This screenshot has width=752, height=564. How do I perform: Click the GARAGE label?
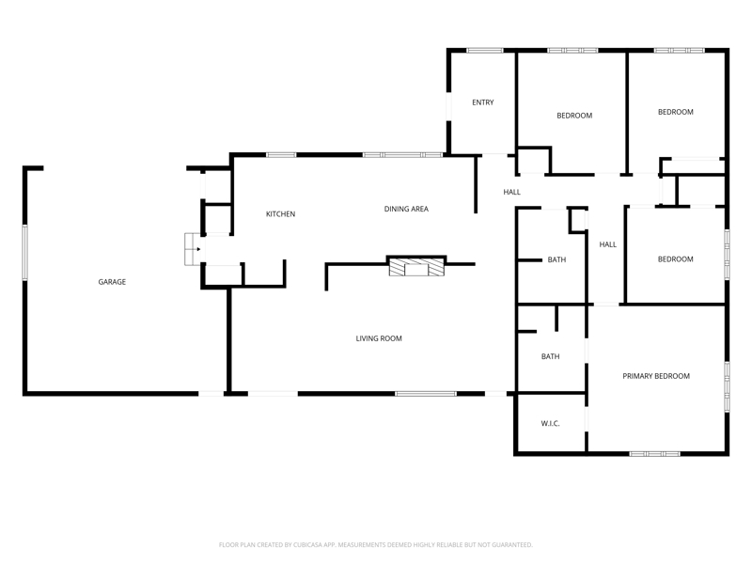(112, 282)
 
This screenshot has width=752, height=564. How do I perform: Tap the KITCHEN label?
(280, 214)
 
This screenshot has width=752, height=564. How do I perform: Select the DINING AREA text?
(406, 209)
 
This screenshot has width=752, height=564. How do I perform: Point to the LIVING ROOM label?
(379, 338)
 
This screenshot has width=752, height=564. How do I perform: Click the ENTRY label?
(483, 102)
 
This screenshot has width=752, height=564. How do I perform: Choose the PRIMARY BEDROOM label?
(656, 377)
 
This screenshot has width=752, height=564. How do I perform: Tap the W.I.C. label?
(550, 424)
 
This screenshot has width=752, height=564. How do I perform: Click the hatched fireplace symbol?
(416, 267)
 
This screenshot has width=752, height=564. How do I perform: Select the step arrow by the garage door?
(198, 249)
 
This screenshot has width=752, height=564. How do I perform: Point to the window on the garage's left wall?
(25, 252)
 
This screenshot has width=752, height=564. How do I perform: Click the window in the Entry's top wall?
(485, 51)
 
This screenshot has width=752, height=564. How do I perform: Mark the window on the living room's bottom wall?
(426, 394)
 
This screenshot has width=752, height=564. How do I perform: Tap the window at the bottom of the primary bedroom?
(654, 453)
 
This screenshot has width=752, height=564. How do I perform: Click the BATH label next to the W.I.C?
(550, 356)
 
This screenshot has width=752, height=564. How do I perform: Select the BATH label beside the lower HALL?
(556, 259)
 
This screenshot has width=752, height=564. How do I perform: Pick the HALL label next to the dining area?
(511, 192)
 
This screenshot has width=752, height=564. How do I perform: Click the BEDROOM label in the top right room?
(675, 112)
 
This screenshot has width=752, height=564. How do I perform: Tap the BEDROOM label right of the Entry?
(574, 116)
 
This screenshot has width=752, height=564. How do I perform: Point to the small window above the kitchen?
(281, 155)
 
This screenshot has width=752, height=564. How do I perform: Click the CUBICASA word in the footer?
(310, 545)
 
